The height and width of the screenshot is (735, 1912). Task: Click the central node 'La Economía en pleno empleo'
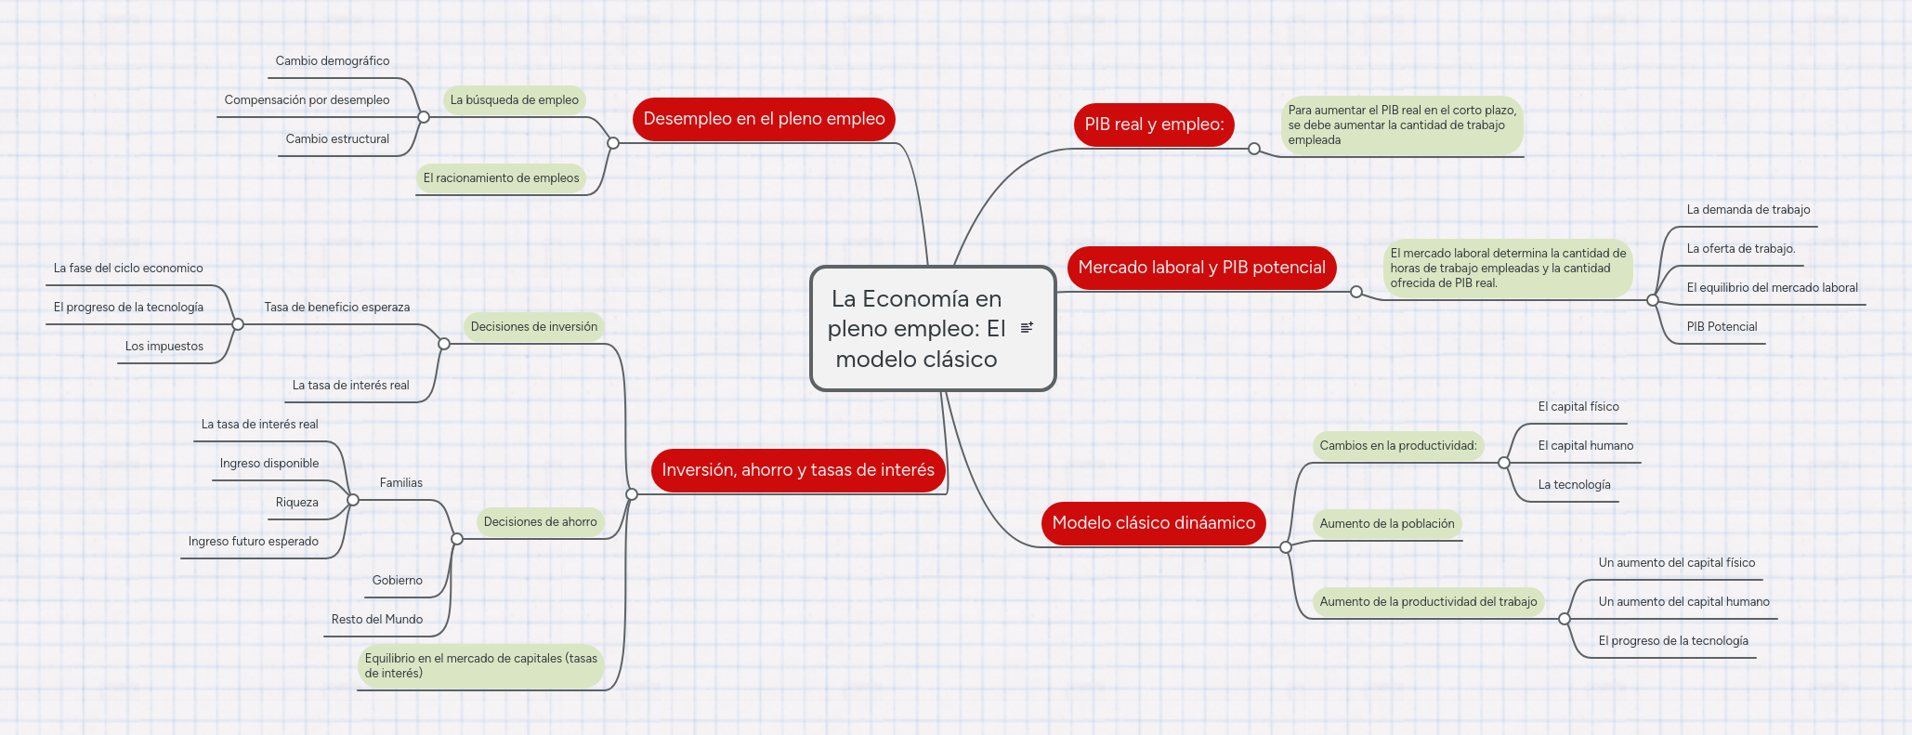pos(915,329)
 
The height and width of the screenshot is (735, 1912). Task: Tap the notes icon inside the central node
pos(1027,327)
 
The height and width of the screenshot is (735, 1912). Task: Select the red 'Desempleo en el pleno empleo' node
pos(764,119)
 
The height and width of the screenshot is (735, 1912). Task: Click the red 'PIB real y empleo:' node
pos(1154,125)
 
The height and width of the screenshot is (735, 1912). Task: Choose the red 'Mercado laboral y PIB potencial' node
pos(1201,268)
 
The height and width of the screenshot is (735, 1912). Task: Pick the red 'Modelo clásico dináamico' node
pos(1153,523)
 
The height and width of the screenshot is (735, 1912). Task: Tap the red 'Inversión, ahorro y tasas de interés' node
pos(798,470)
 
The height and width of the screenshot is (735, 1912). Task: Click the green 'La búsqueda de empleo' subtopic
pos(514,100)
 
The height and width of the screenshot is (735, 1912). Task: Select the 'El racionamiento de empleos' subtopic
pos(501,178)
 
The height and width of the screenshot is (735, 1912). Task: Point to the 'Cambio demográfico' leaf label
pos(332,61)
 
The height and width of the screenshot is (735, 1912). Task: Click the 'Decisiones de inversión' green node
pos(533,327)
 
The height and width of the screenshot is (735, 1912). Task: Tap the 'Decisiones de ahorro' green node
pos(540,522)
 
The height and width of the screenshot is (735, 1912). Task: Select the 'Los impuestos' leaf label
pos(164,347)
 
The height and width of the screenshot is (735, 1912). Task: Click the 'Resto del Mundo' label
pos(376,620)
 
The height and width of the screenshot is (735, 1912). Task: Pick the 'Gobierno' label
pos(397,581)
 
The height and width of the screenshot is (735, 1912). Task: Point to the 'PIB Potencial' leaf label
pos(1722,327)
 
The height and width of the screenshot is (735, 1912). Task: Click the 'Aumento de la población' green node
pos(1386,524)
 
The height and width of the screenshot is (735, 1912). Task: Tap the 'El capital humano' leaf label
pos(1585,446)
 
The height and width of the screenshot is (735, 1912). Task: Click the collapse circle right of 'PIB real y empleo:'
pos(1254,149)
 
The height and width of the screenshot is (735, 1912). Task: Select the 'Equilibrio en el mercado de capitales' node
pos(480,666)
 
